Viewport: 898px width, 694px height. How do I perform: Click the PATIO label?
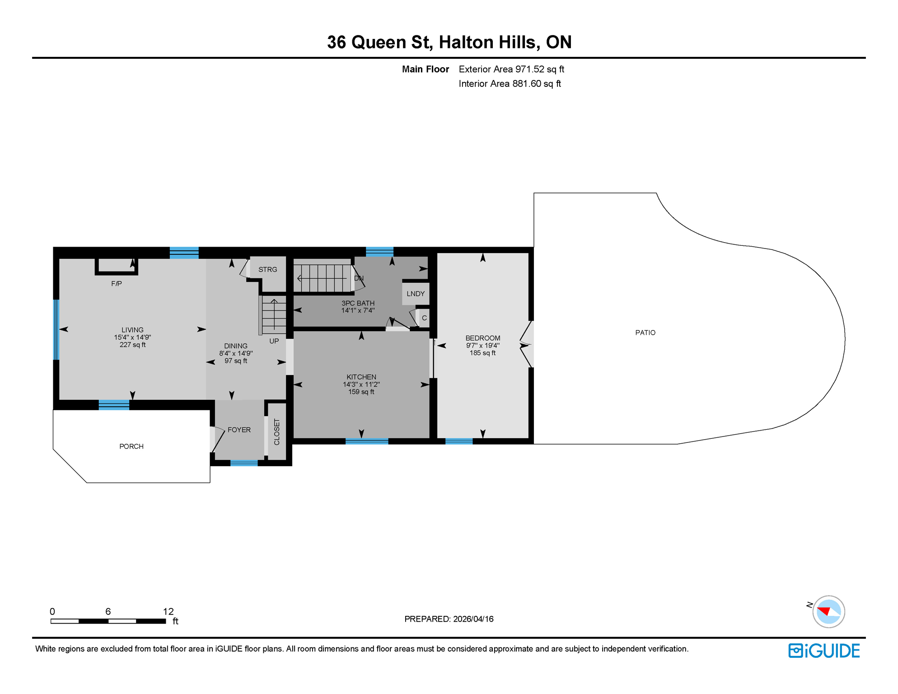pyautogui.click(x=645, y=333)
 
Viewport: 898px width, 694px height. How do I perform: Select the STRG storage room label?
pyautogui.click(x=267, y=270)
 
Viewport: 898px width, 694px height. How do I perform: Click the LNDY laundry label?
pyautogui.click(x=415, y=294)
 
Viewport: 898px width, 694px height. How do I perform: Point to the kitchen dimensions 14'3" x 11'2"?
pyautogui.click(x=361, y=385)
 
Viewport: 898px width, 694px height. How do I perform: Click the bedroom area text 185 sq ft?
pyautogui.click(x=482, y=353)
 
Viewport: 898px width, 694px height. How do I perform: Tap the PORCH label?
pyautogui.click(x=131, y=446)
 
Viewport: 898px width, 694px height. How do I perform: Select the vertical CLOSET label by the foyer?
pyautogui.click(x=277, y=432)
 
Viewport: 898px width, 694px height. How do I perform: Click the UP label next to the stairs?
pyautogui.click(x=274, y=341)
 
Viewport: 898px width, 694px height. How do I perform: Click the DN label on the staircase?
pyautogui.click(x=359, y=278)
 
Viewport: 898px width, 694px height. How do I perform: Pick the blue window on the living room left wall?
pyautogui.click(x=56, y=329)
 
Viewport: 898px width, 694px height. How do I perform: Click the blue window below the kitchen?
pyautogui.click(x=366, y=441)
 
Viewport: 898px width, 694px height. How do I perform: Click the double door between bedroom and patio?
pyautogui.click(x=526, y=344)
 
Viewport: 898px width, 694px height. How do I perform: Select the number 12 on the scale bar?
pyautogui.click(x=168, y=611)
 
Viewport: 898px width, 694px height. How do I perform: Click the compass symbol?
pyautogui.click(x=828, y=612)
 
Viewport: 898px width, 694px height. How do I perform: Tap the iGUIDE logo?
pyautogui.click(x=824, y=651)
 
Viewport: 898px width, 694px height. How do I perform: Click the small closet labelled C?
pyautogui.click(x=424, y=318)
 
